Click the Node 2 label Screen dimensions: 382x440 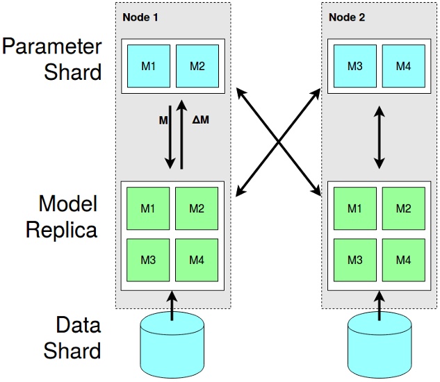pyautogui.click(x=345, y=17)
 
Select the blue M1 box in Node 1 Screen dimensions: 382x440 pyautogui.click(x=149, y=66)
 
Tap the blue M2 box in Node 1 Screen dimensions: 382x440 pyautogui.click(x=197, y=66)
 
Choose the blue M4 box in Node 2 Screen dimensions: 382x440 pyautogui.click(x=403, y=66)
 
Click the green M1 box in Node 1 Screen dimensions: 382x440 pyautogui.click(x=149, y=209)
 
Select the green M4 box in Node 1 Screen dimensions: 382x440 pyautogui.click(x=197, y=260)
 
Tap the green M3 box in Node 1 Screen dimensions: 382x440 pyautogui.click(x=149, y=260)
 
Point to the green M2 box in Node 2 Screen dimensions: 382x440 pyautogui.click(x=403, y=209)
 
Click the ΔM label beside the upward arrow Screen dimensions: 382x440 pyautogui.click(x=201, y=119)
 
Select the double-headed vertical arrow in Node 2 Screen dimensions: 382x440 pyautogui.click(x=379, y=137)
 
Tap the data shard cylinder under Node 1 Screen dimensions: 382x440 pyautogui.click(x=172, y=342)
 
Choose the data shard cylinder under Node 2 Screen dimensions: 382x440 pyautogui.click(x=380, y=342)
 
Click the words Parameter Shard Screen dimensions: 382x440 pyautogui.click(x=51, y=59)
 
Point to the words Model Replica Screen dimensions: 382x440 pyautogui.click(x=61, y=217)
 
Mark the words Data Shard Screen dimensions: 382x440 pyautogui.click(x=72, y=338)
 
